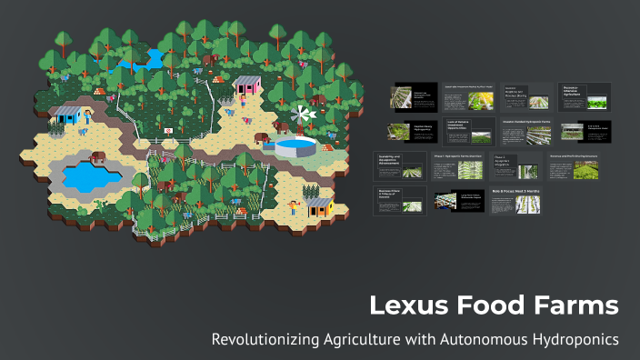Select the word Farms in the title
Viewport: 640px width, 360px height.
(x=570, y=305)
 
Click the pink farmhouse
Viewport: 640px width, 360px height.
(x=246, y=88)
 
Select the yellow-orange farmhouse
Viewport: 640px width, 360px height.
(x=317, y=206)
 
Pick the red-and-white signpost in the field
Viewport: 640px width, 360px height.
(x=166, y=133)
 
